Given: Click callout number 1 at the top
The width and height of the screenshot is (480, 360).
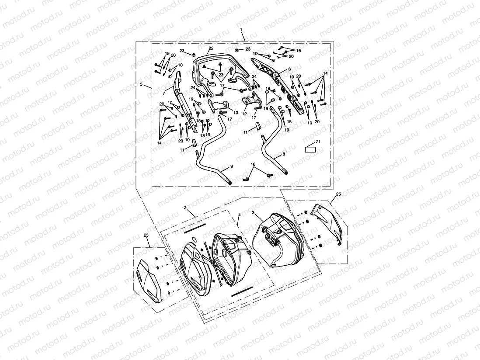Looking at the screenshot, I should pos(241,29).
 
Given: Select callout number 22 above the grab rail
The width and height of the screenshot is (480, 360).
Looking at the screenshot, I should pos(211,48).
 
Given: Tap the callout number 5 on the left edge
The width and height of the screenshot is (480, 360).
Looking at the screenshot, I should pos(141,84).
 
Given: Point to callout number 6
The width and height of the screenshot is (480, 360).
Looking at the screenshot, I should pos(289,69).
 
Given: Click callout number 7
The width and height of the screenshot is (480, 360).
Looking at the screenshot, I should pos(163,93).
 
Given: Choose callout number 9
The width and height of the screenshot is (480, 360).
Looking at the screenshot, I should pos(231,167).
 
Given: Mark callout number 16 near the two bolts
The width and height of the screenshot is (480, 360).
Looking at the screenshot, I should pos(253,165).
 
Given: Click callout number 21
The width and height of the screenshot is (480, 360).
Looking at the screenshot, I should pos(318,142).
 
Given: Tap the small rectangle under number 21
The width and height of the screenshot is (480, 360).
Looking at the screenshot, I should pos(310,149).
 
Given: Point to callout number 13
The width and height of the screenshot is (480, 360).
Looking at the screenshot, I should pos(236,112).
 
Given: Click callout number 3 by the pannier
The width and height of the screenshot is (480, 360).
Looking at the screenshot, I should pos(253,212).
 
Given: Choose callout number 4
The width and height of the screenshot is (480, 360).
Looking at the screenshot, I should pos(239,215).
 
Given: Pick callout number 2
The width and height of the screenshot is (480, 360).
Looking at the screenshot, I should pos(185,209).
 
